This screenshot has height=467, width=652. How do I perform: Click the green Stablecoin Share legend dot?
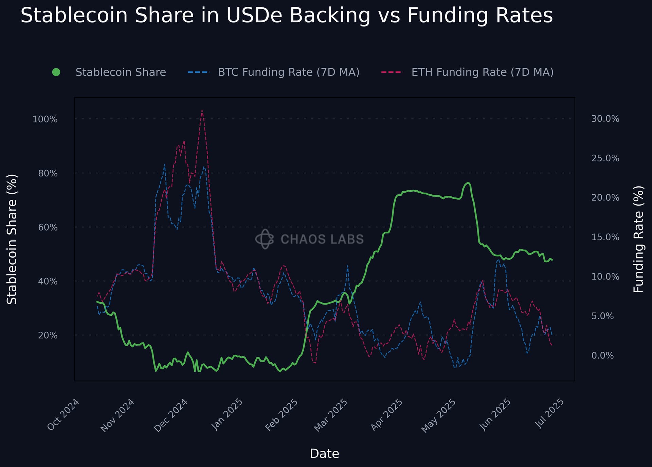pyautogui.click(x=56, y=72)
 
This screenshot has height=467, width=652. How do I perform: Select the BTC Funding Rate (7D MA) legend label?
pyautogui.click(x=289, y=72)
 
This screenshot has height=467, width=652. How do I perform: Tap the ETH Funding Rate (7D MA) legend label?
pyautogui.click(x=483, y=72)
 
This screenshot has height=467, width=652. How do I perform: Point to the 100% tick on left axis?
pyautogui.click(x=45, y=119)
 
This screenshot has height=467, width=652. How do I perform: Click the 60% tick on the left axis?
pyautogui.click(x=48, y=227)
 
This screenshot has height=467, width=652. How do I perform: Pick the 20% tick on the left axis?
pyautogui.click(x=48, y=335)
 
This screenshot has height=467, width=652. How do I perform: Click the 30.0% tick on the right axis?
pyautogui.click(x=605, y=119)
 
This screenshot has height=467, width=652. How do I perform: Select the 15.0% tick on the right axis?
pyautogui.click(x=605, y=237)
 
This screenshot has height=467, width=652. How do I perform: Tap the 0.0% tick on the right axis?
pyautogui.click(x=602, y=355)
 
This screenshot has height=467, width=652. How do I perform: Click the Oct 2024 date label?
pyautogui.click(x=64, y=414)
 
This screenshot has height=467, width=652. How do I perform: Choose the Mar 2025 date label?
pyautogui.click(x=331, y=415)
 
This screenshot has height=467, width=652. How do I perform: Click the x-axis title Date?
pyautogui.click(x=324, y=454)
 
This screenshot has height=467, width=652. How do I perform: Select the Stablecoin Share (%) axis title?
pyautogui.click(x=12, y=239)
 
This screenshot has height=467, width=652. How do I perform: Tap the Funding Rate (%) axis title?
pyautogui.click(x=639, y=239)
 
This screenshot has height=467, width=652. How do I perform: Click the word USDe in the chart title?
pyautogui.click(x=253, y=15)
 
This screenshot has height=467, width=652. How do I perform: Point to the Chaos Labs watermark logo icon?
pyautogui.click(x=265, y=239)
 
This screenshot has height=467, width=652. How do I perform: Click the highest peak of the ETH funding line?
pyautogui.click(x=202, y=110)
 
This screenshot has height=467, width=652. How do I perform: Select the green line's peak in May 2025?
pyautogui.click(x=468, y=183)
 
